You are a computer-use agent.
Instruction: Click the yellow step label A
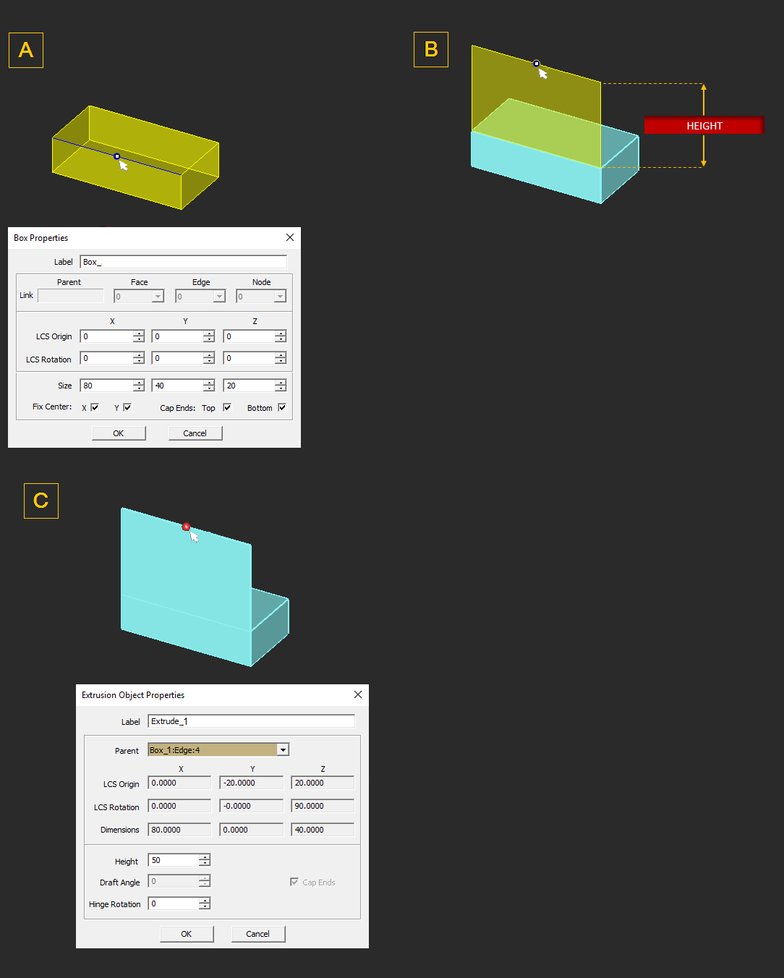pyautogui.click(x=26, y=50)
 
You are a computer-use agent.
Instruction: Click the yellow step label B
pyautogui.click(x=431, y=49)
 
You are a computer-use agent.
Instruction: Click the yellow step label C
pyautogui.click(x=41, y=501)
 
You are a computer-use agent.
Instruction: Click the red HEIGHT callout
pyautogui.click(x=704, y=125)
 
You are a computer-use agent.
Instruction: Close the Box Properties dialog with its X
pyautogui.click(x=290, y=237)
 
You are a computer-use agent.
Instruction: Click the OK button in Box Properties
pyautogui.click(x=119, y=433)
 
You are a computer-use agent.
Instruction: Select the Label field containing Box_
pyautogui.click(x=183, y=262)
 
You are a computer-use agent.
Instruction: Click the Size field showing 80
pyautogui.click(x=106, y=386)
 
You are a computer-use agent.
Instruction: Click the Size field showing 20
pyautogui.click(x=249, y=386)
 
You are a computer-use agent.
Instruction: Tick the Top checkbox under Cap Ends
pyautogui.click(x=227, y=407)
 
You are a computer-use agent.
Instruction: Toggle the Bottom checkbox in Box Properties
pyautogui.click(x=282, y=407)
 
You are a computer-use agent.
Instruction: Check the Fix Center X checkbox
pyautogui.click(x=95, y=407)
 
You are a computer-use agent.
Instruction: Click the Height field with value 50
pyautogui.click(x=174, y=860)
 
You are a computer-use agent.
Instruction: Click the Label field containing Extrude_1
pyautogui.click(x=251, y=721)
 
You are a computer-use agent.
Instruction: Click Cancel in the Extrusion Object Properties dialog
pyautogui.click(x=257, y=934)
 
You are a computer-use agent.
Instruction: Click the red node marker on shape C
pyautogui.click(x=186, y=527)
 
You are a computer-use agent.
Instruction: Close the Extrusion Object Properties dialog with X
pyautogui.click(x=358, y=694)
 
